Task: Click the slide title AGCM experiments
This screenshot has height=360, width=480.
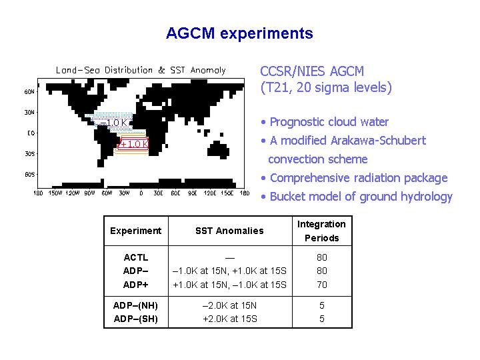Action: pyautogui.click(x=239, y=33)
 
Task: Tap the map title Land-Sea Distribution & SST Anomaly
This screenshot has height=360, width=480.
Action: pyautogui.click(x=141, y=70)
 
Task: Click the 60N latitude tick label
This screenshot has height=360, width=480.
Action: pyautogui.click(x=29, y=92)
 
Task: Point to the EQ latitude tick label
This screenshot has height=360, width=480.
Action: pyautogui.click(x=31, y=133)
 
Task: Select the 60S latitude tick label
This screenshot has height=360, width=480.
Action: pyautogui.click(x=30, y=175)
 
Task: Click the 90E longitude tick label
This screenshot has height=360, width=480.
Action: pyautogui.click(x=193, y=193)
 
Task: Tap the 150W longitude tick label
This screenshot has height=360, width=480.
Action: pyautogui.click(x=55, y=193)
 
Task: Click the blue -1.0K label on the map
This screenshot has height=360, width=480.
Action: pyautogui.click(x=114, y=123)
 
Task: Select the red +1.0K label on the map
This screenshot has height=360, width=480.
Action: pyautogui.click(x=135, y=144)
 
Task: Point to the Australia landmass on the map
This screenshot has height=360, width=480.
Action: pyautogui.click(x=218, y=149)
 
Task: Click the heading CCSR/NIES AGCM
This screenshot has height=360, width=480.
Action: pyautogui.click(x=312, y=71)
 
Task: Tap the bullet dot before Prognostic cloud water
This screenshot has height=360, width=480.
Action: pyautogui.click(x=263, y=122)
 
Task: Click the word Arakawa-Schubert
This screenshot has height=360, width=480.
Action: pyautogui.click(x=379, y=141)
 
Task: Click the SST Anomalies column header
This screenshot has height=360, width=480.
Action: pyautogui.click(x=229, y=231)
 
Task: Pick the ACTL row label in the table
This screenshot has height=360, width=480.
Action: pyautogui.click(x=136, y=257)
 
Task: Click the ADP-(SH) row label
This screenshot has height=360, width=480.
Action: pyautogui.click(x=135, y=319)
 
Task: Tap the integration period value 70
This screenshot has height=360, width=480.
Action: pyautogui.click(x=322, y=285)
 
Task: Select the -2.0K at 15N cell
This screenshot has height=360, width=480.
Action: pyautogui.click(x=229, y=305)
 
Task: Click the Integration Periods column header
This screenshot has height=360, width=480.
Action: pyautogui.click(x=322, y=231)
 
